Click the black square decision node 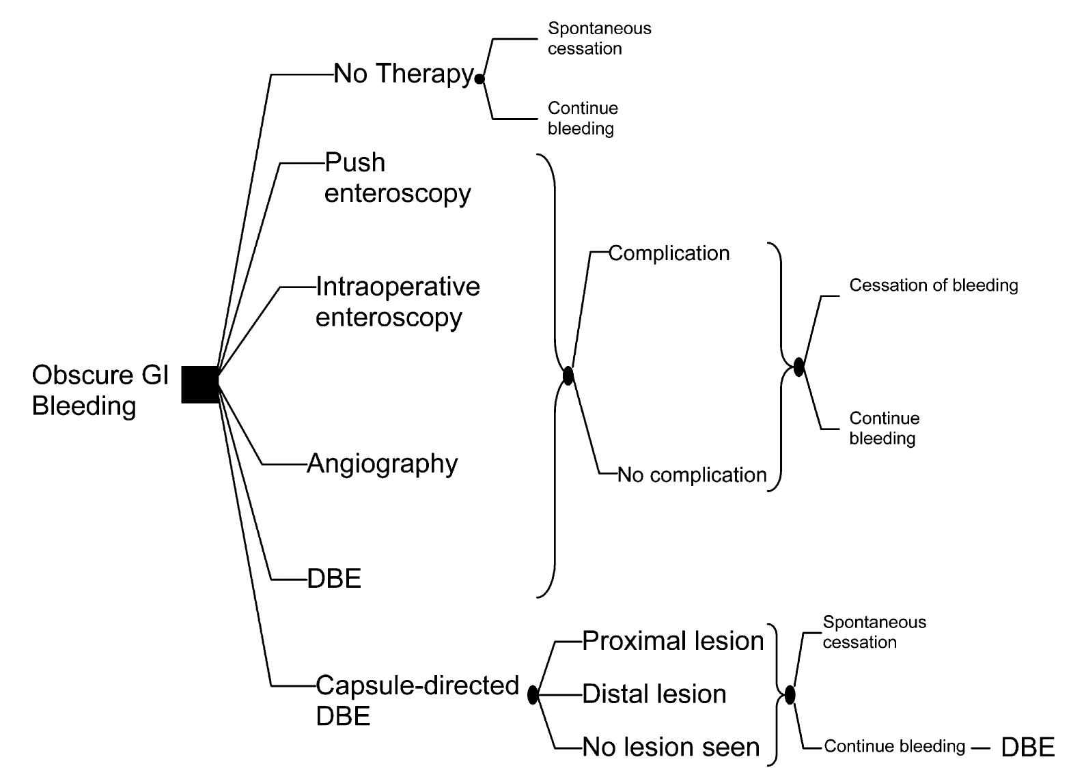coord(200,384)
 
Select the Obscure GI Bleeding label coord(100,390)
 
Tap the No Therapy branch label coord(403,74)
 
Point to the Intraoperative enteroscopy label coord(397,301)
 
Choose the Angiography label coord(382,464)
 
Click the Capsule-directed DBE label coord(417,700)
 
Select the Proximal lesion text coord(672,640)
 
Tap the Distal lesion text coord(654,694)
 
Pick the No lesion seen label coord(670,748)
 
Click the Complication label coord(669,253)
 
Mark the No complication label coord(691,474)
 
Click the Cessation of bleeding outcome coord(933,285)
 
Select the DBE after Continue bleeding coord(1027,747)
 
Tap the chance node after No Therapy coord(479,79)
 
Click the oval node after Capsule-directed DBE coord(533,695)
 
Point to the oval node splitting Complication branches coord(568,375)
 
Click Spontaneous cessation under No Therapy coord(599,38)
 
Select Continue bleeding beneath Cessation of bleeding coord(884,428)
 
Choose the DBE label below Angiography coord(334,579)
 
